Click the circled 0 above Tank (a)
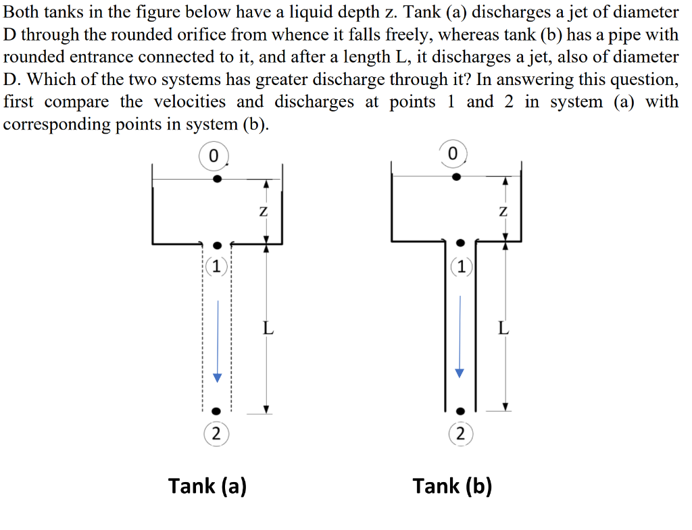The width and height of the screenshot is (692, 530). click(x=214, y=155)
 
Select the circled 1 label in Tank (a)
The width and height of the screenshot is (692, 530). click(x=216, y=266)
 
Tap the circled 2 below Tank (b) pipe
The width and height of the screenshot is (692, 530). click(x=460, y=433)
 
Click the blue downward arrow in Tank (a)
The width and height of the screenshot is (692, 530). click(x=218, y=342)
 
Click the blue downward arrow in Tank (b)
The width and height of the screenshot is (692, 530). click(x=460, y=337)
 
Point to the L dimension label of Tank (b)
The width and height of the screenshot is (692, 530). click(x=503, y=329)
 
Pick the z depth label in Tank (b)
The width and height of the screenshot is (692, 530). click(x=502, y=211)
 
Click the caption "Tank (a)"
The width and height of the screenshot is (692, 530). click(x=207, y=485)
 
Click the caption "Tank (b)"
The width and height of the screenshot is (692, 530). click(x=452, y=485)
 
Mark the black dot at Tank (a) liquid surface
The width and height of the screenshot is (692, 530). click(x=217, y=179)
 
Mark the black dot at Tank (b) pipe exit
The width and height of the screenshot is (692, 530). click(x=460, y=410)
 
